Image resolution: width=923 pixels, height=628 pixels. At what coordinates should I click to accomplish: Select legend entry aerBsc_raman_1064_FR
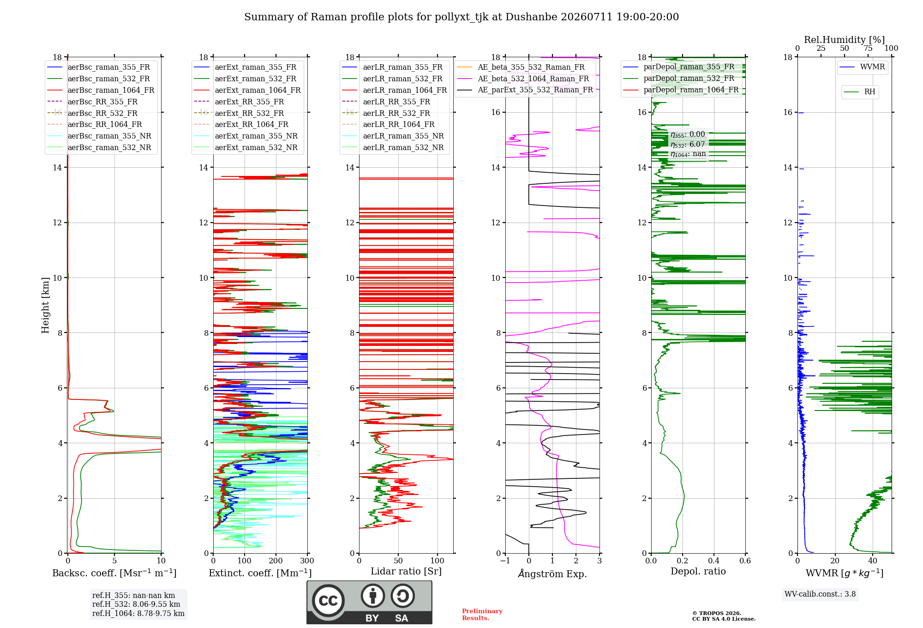point(101,91)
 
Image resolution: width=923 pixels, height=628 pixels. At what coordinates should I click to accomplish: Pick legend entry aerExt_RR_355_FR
point(239,102)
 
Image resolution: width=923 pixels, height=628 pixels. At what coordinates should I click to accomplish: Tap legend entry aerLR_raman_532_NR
point(393,148)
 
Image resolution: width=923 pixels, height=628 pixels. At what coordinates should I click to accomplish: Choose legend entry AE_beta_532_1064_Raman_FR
point(523,79)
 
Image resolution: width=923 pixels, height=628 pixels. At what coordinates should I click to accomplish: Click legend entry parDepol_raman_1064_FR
point(681,90)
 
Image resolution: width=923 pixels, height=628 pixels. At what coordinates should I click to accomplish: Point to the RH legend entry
point(859,92)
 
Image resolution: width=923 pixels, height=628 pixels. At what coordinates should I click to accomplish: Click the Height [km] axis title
point(45,305)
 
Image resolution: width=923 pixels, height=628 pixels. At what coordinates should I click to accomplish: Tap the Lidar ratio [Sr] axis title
point(406,571)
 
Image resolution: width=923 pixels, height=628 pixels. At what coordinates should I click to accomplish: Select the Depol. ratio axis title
point(698,572)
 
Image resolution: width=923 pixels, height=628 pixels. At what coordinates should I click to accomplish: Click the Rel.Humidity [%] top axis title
point(845,40)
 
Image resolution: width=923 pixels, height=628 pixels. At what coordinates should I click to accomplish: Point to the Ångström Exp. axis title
point(552,574)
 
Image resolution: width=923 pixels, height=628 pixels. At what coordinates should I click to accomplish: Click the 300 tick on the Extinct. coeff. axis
point(307,561)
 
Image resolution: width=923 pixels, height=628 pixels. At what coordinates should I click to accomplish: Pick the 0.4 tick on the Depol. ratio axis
point(714,561)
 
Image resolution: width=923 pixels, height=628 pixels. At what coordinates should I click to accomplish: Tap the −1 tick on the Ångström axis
point(505,561)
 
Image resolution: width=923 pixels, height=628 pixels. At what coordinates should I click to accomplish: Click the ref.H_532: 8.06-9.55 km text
point(136,604)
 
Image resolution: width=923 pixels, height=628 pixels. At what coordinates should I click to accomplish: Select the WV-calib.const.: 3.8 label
point(820,594)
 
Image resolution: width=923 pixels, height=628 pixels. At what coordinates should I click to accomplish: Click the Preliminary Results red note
point(482,615)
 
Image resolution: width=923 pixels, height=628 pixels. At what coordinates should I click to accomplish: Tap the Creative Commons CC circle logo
point(328,601)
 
